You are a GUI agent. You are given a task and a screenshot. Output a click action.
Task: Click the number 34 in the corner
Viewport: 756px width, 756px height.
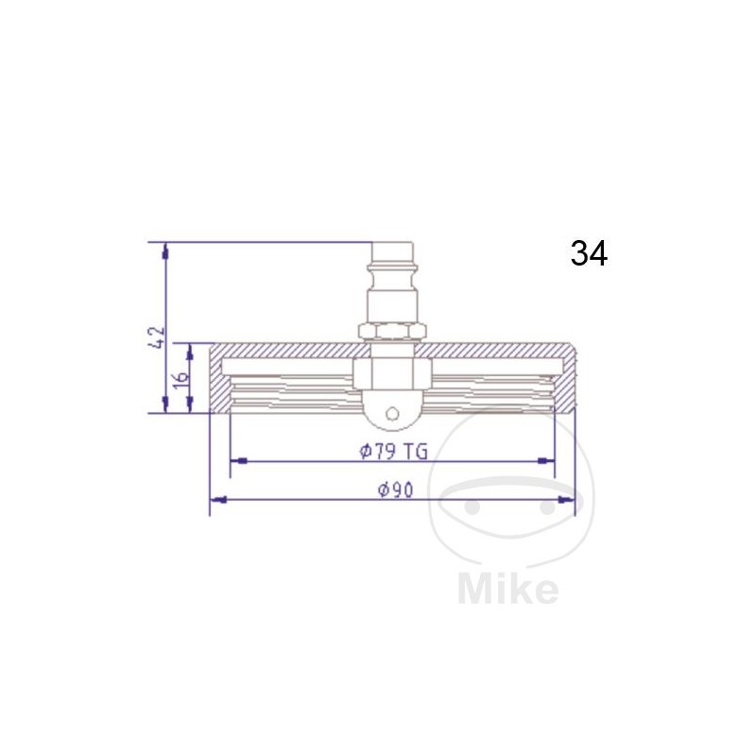point(589,253)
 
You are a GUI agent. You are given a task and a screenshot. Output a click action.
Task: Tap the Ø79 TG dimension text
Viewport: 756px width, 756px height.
point(393,451)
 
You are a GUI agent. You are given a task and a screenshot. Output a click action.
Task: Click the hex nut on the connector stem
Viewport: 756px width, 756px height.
point(392,330)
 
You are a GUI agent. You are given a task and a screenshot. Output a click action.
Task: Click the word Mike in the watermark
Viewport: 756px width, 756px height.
point(507,588)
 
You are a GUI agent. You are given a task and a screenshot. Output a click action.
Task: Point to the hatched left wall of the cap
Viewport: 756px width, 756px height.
point(218,383)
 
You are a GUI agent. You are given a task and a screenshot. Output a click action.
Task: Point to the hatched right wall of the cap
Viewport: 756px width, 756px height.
point(565,383)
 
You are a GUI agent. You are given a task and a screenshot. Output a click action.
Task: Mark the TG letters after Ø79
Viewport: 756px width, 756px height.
point(416,451)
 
